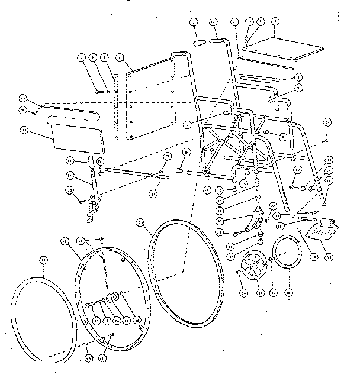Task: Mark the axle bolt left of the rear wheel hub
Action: click(x=89, y=305)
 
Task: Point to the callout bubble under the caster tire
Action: click(x=288, y=292)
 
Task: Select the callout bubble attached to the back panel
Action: click(x=121, y=57)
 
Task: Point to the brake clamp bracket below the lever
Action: click(x=91, y=208)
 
